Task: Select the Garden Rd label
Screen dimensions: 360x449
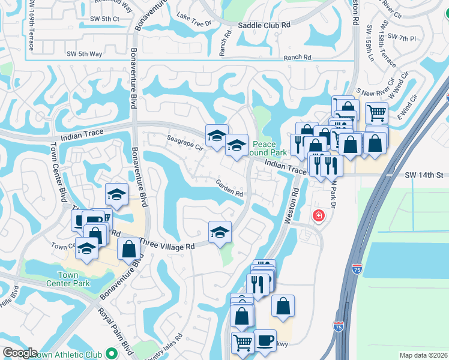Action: pyautogui.click(x=230, y=193)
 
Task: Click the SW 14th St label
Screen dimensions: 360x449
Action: pyautogui.click(x=424, y=175)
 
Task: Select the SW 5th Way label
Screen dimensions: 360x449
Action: pyautogui.click(x=84, y=54)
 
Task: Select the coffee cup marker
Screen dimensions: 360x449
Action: pyautogui.click(x=265, y=340)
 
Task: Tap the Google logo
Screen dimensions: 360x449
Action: pyautogui.click(x=19, y=353)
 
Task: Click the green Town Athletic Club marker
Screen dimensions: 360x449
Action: pyautogui.click(x=110, y=354)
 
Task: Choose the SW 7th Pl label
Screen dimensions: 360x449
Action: pyautogui.click(x=402, y=38)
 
